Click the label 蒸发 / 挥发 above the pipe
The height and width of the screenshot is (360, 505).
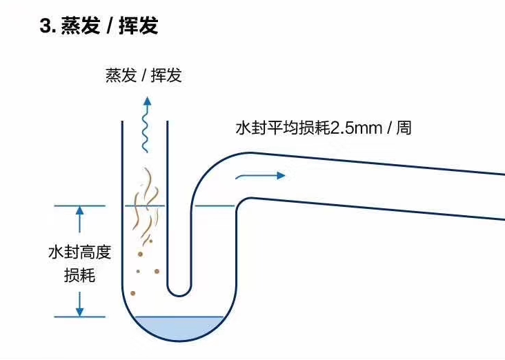point(143,76)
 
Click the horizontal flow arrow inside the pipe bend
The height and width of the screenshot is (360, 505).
point(259,176)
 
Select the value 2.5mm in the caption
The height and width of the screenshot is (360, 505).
point(359,128)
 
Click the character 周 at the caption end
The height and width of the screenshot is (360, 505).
point(404,128)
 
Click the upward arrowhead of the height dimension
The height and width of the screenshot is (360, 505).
point(79,211)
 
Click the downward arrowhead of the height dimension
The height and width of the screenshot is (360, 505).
point(79,312)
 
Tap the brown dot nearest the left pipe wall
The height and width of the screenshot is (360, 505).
point(132,293)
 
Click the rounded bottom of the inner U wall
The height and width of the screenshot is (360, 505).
point(179,294)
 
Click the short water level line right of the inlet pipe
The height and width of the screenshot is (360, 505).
point(215,206)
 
